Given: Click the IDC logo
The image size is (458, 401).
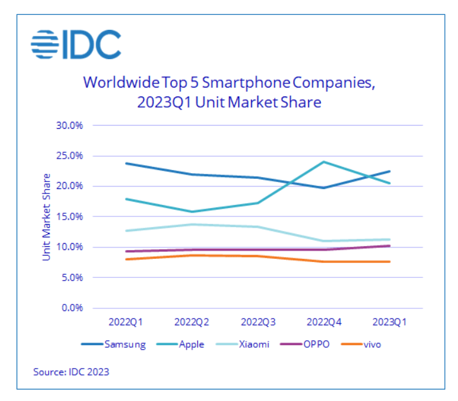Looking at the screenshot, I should pyautogui.click(x=75, y=44).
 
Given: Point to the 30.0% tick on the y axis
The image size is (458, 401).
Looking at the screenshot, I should pyautogui.click(x=70, y=125).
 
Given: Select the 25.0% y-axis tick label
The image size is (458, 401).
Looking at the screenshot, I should pyautogui.click(x=70, y=155).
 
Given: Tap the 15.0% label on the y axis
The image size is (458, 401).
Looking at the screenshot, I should pyautogui.click(x=70, y=216).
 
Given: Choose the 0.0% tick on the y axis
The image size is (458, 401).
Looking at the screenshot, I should pyautogui.click(x=72, y=308).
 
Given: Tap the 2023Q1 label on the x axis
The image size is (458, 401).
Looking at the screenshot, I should pyautogui.click(x=389, y=322).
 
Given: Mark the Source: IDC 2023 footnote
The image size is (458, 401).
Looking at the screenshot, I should pyautogui.click(x=71, y=372).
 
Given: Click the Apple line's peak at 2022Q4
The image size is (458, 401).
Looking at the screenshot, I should pyautogui.click(x=324, y=162).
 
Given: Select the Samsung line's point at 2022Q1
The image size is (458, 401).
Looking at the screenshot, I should pyautogui.click(x=126, y=163).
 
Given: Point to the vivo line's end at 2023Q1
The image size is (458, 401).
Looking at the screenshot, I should pyautogui.click(x=389, y=261).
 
